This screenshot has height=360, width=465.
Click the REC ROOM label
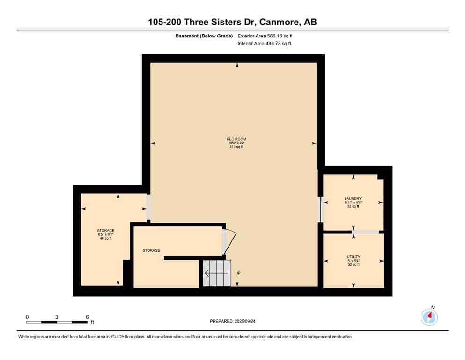pos(236,139)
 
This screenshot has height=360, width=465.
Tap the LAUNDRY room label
pos(353,198)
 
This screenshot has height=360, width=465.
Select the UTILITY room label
pos(354,257)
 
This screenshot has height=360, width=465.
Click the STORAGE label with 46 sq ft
pos(106,230)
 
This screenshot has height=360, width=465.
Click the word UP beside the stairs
pos(238,273)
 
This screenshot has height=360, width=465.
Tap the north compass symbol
pos(429,317)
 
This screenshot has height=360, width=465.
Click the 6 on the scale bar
pos(87,317)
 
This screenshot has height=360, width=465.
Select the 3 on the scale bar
pos(57,317)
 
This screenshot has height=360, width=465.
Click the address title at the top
pos(232,22)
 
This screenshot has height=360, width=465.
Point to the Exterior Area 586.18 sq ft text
pos(266,36)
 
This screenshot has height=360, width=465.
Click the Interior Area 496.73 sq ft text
pos(265,44)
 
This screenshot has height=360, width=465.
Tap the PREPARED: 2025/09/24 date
pos(232,321)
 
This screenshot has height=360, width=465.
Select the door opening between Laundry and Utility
pos(365,232)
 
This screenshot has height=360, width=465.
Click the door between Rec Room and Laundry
pos(321,209)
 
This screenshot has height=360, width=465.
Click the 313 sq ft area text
pos(236,147)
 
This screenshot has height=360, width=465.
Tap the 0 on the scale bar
pos(27,317)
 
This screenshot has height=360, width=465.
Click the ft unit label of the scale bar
pos(92,322)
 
